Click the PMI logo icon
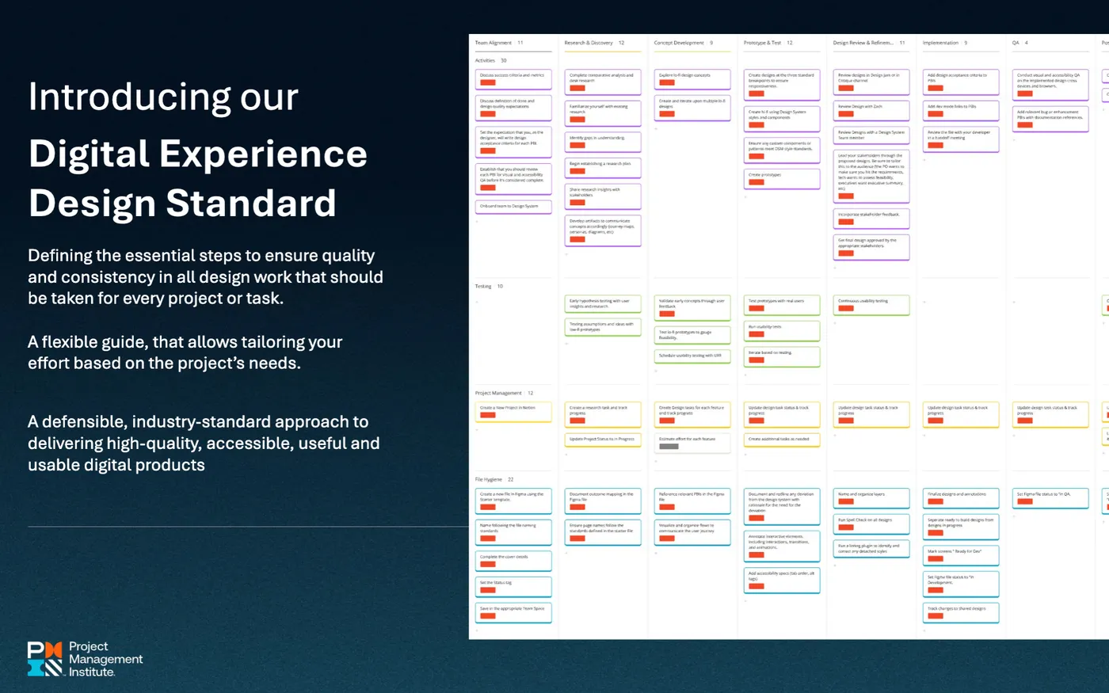tap(44, 658)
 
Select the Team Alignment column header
tap(494, 43)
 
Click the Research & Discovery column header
tap(589, 43)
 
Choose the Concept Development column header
tap(679, 43)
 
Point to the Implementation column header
tap(940, 43)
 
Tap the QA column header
tap(1016, 43)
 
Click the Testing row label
tap(483, 286)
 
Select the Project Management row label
tap(498, 393)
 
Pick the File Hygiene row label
tap(489, 479)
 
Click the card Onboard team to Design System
tap(513, 207)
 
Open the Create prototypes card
tap(781, 178)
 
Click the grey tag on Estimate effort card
tap(669, 447)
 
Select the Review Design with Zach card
tap(871, 110)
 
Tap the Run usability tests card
tap(781, 330)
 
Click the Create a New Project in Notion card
tap(513, 411)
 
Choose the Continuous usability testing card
tap(871, 304)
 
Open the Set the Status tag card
tap(513, 586)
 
